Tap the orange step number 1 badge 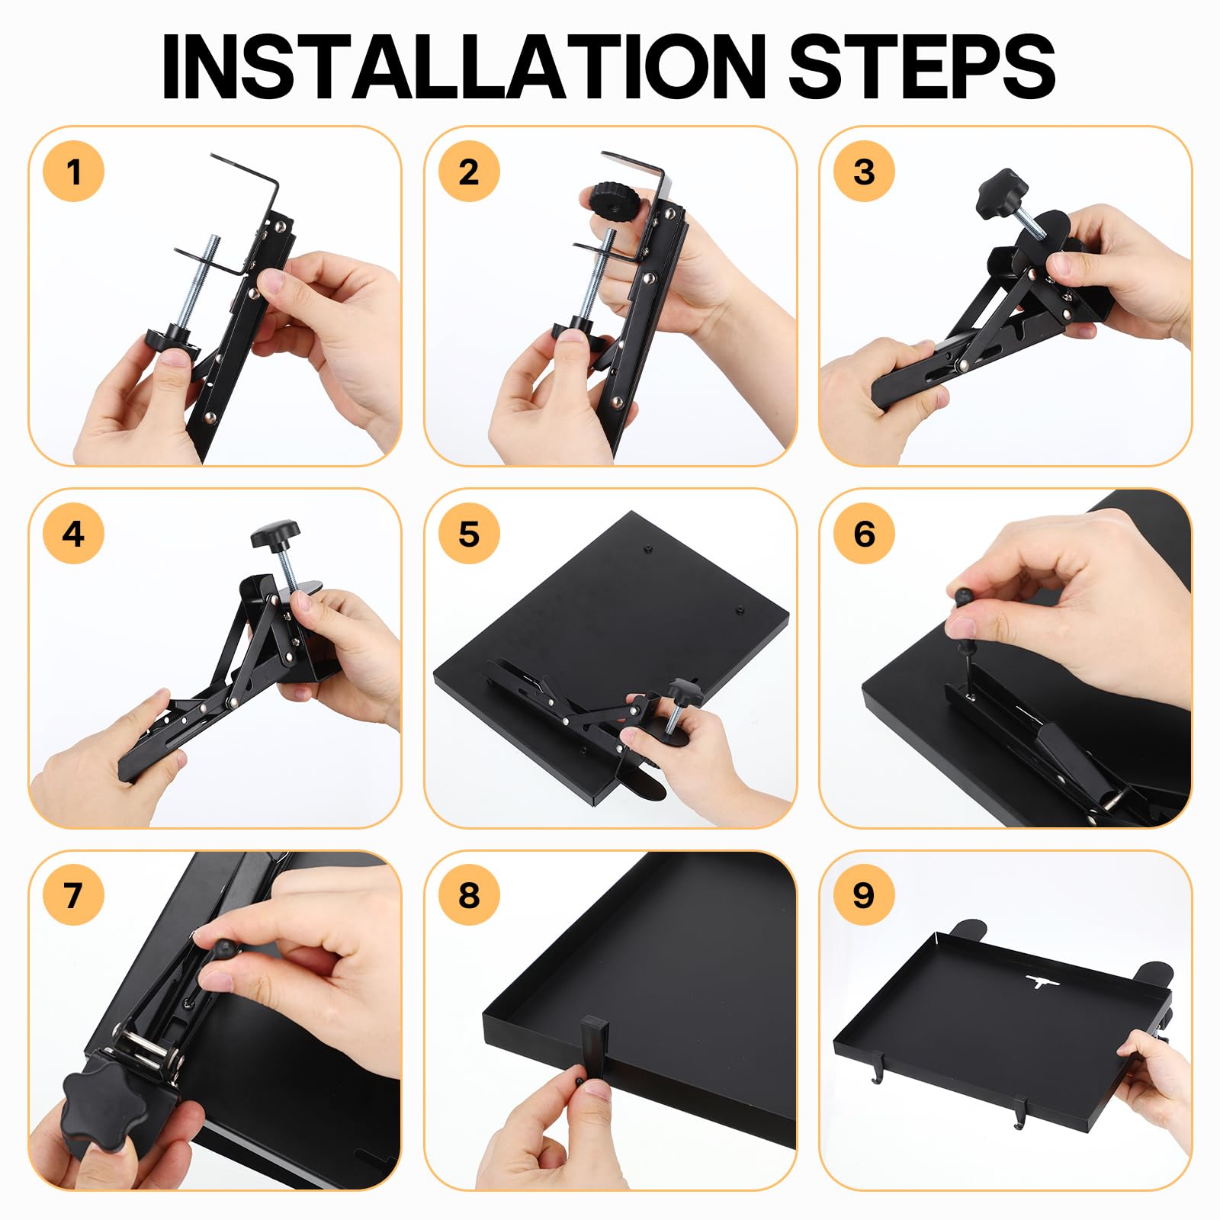(x=73, y=172)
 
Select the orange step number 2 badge (x=469, y=172)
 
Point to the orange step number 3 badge (x=864, y=172)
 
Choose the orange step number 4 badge (x=73, y=534)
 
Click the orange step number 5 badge (x=469, y=534)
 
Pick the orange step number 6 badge (x=864, y=534)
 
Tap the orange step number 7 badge (x=73, y=895)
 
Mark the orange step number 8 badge (x=469, y=895)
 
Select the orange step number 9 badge (x=864, y=895)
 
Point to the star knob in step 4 (x=275, y=535)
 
